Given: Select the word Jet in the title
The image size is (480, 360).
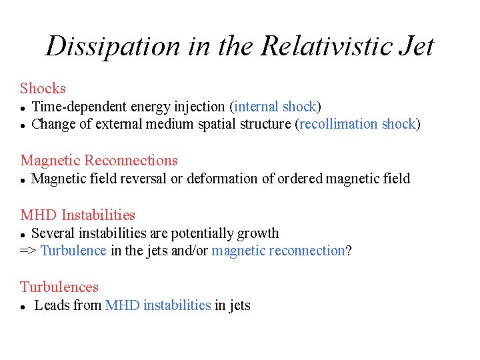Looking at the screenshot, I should tap(415, 47).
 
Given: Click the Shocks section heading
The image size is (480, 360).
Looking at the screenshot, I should tap(43, 88).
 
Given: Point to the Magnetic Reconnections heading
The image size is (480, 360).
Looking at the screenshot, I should tap(99, 160).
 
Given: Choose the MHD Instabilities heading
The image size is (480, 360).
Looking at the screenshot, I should tap(77, 215).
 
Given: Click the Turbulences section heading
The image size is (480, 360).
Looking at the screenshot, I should tap(59, 287).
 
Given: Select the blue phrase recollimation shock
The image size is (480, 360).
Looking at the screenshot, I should tap(358, 123).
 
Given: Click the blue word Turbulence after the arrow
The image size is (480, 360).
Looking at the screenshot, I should tap(73, 251).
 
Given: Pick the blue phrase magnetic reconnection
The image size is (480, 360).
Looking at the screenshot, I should tap(278, 251).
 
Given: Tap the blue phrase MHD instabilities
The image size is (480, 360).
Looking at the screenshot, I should tap(158, 305).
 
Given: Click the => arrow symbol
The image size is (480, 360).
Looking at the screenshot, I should tap(28, 251).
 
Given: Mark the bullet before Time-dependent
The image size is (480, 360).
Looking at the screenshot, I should tap(23, 107).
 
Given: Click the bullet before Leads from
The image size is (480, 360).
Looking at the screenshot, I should tap(23, 307).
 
